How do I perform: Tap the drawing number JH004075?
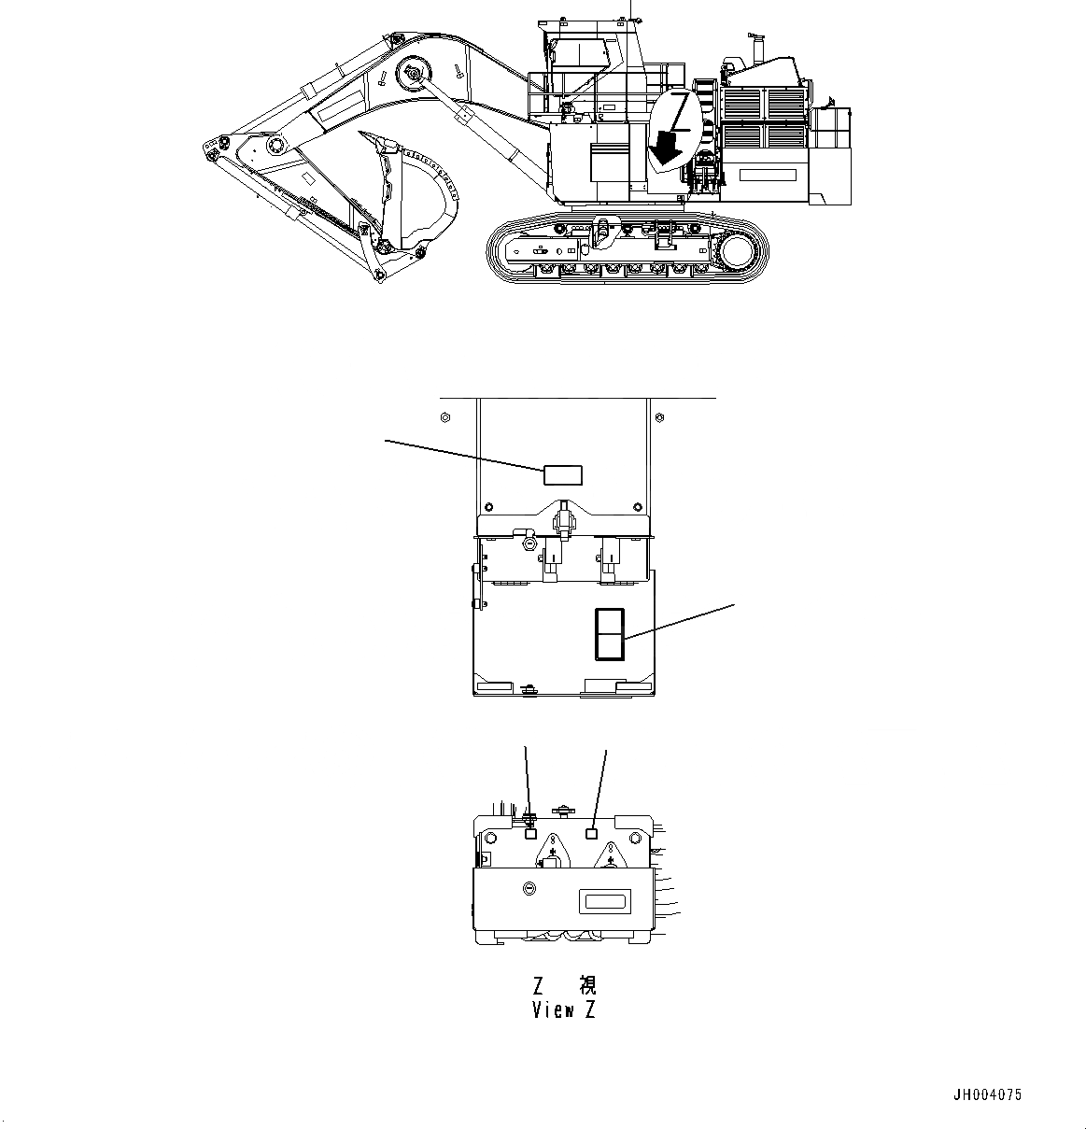987,1095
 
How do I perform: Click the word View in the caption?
551,1010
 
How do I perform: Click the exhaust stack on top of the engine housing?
757,48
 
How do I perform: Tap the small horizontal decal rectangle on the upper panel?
563,475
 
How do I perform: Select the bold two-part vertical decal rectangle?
609,635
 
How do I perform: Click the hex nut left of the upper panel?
444,416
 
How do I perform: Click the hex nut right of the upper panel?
661,416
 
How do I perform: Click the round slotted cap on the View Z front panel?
529,888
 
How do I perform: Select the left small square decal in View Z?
531,834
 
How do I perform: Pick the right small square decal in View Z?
590,833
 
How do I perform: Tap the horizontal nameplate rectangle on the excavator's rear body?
768,174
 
